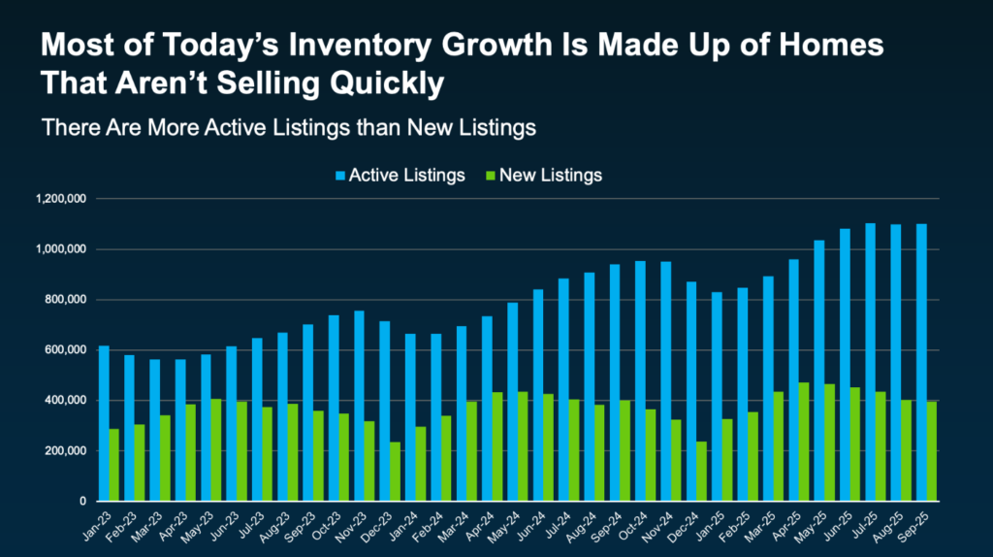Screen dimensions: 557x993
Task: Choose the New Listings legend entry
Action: point(543,176)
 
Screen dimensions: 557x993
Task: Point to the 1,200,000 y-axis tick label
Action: point(61,199)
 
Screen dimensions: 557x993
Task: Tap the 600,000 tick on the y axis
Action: point(66,350)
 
